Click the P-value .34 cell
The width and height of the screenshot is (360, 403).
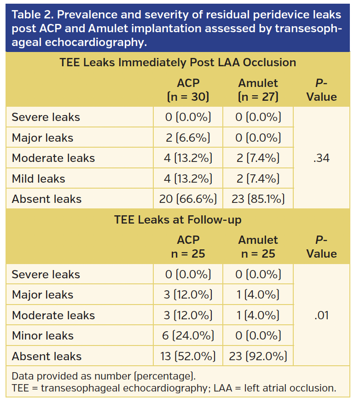322,158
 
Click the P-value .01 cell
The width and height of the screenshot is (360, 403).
322,316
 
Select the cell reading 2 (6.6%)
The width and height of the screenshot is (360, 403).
188,138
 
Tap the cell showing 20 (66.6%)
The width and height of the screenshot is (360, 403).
188,199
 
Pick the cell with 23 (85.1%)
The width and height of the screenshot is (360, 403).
258,199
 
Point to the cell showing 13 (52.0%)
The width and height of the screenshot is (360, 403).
188,357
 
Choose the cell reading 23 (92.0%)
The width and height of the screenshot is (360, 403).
258,357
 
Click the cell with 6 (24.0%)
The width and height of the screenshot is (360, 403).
188,336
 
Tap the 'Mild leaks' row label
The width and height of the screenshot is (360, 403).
38,179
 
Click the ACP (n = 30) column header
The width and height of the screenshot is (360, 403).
188,90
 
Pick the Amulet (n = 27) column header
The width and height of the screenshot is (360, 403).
258,90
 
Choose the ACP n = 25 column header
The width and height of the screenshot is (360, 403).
188,247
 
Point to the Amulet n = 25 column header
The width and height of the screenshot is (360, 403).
258,247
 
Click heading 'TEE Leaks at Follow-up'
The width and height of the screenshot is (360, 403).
178,220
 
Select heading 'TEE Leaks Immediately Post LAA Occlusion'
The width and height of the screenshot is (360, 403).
178,63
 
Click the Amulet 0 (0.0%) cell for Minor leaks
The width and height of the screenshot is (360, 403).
258,336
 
